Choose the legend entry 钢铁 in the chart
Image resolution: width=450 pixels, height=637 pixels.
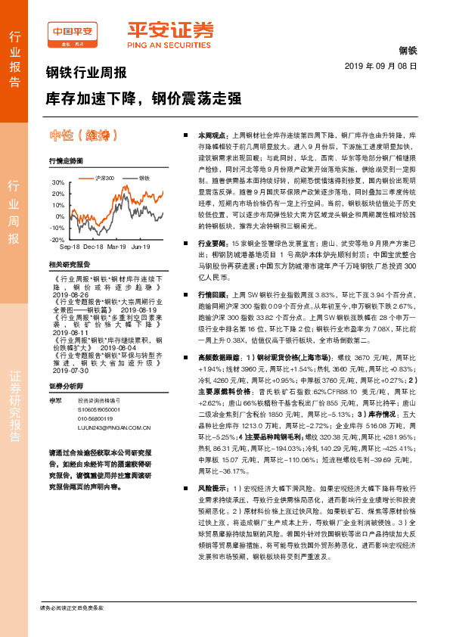pos(144,177)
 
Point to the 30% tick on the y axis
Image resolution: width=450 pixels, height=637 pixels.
pos(57,183)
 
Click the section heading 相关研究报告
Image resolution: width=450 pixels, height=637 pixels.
pos(69,265)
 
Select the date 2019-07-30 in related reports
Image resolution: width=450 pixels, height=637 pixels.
pos(66,370)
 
